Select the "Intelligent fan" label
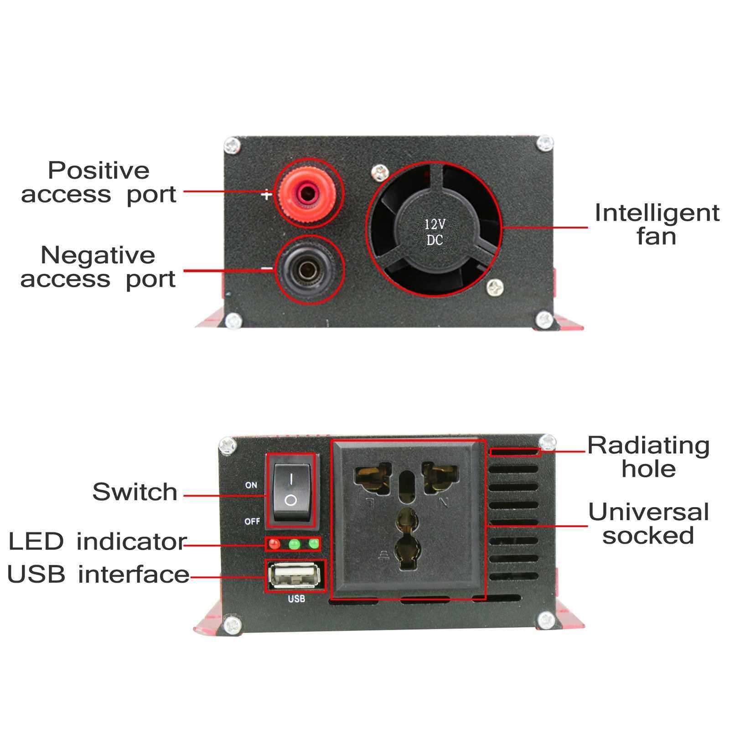point(656,225)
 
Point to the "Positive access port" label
point(98,182)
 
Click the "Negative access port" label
point(98,267)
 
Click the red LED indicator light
point(274,544)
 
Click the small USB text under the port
point(296,599)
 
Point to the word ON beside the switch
point(251,485)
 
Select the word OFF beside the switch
point(252,521)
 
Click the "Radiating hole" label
point(648,457)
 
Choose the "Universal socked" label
point(648,523)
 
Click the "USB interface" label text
point(98,574)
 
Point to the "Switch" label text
point(135,492)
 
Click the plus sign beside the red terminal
point(266,196)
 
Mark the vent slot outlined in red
point(515,452)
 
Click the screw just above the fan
point(379,172)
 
